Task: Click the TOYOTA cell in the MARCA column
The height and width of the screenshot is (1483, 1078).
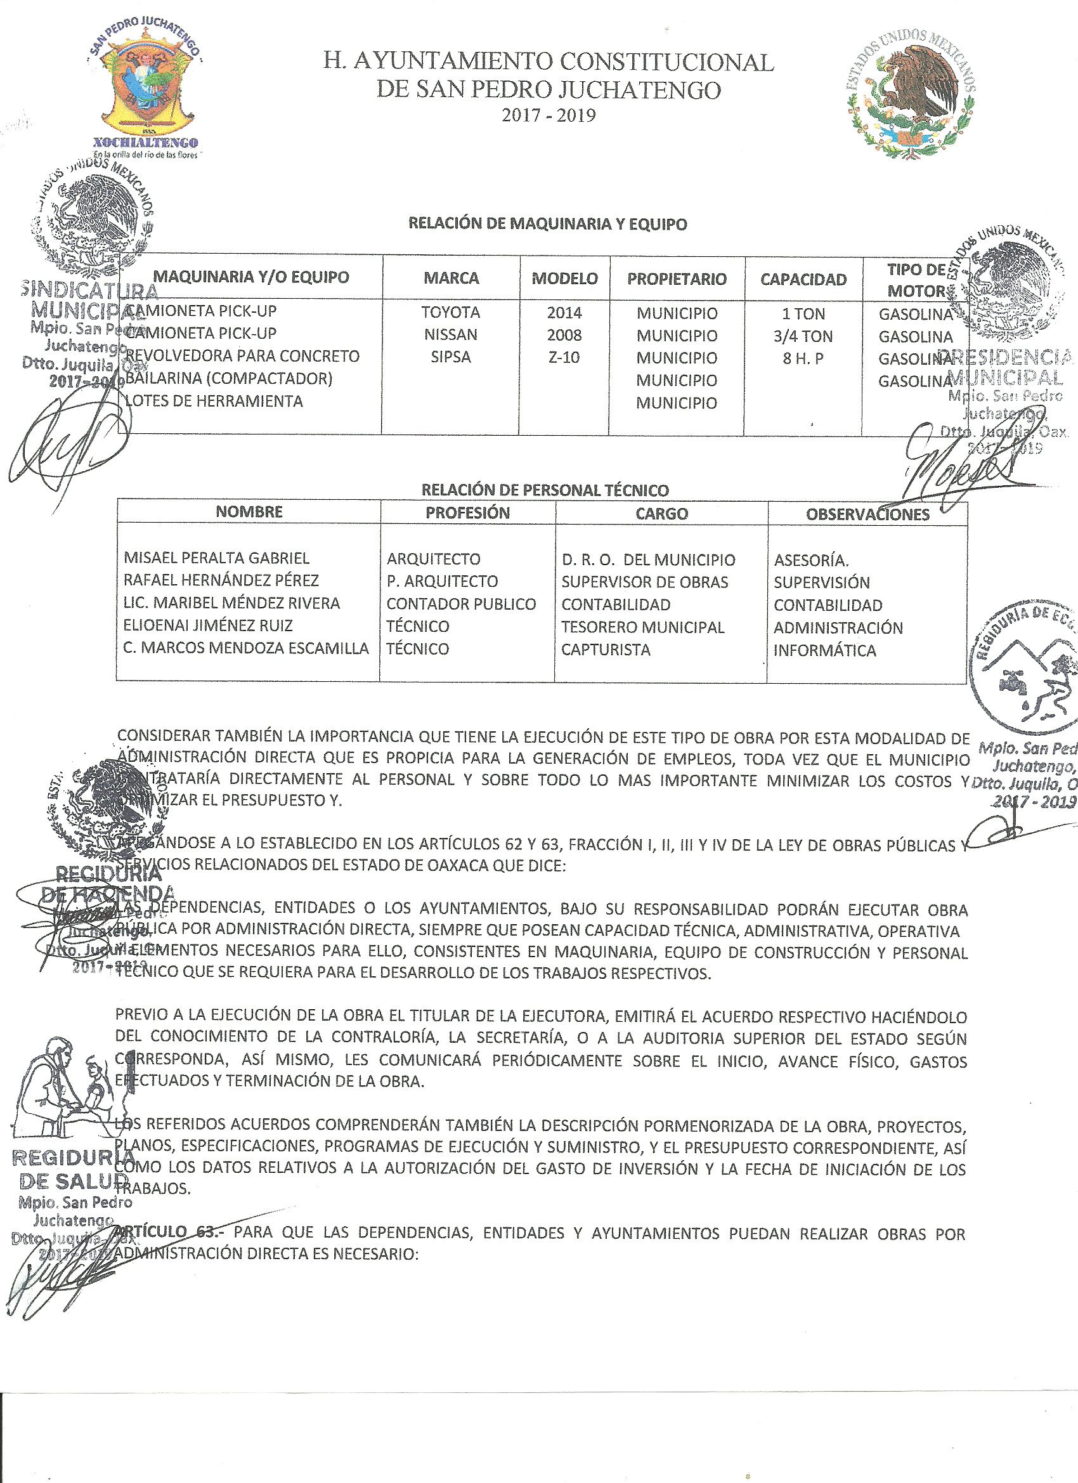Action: pyautogui.click(x=450, y=313)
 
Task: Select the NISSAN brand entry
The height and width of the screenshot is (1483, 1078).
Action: pyautogui.click(x=450, y=335)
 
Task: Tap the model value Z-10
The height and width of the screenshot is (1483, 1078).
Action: pyautogui.click(x=564, y=357)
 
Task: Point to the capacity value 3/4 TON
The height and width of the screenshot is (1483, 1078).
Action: pyautogui.click(x=803, y=336)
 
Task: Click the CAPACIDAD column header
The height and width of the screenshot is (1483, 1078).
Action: pyautogui.click(x=803, y=279)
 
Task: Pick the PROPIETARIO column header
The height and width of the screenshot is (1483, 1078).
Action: pyautogui.click(x=677, y=279)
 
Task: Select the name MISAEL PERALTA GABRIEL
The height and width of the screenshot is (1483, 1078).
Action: pyautogui.click(x=216, y=558)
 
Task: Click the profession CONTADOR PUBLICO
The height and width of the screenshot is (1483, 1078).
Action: pyautogui.click(x=461, y=603)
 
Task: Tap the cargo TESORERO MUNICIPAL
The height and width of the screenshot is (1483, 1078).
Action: pyautogui.click(x=642, y=627)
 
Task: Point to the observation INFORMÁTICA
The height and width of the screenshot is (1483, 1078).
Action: pyautogui.click(x=824, y=650)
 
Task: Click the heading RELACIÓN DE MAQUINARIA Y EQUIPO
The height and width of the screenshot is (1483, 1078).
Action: pyautogui.click(x=547, y=224)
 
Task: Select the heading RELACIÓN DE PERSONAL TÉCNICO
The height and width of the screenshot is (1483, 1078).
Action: pyautogui.click(x=545, y=490)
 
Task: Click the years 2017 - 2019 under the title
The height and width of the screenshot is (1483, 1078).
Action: pyautogui.click(x=549, y=115)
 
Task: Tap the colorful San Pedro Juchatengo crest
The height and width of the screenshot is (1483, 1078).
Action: pyautogui.click(x=148, y=88)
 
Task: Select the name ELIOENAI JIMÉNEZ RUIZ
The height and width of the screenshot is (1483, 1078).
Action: pyautogui.click(x=208, y=625)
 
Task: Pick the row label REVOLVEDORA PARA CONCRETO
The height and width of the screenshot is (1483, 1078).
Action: pyautogui.click(x=242, y=356)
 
